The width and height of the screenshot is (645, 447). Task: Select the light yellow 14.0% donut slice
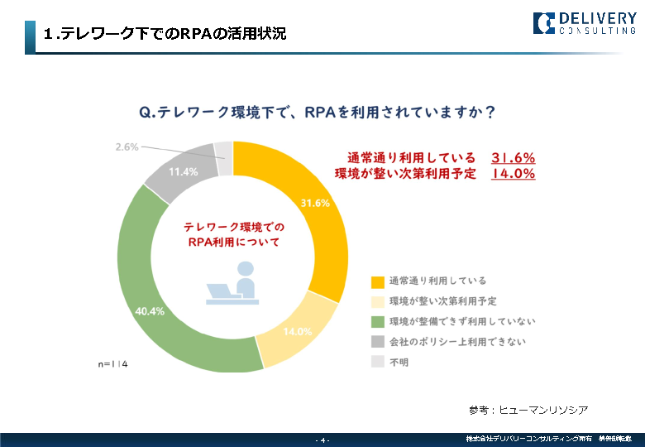point(295,331)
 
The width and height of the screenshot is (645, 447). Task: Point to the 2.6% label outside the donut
point(127,147)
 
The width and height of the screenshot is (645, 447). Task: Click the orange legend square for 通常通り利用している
point(378,281)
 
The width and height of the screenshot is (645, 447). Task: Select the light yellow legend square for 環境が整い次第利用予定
point(378,301)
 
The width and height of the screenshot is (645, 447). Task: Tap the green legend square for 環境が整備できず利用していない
point(378,321)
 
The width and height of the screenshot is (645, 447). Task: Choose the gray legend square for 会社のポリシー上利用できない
point(378,342)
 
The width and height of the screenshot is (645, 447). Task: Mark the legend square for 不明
point(378,362)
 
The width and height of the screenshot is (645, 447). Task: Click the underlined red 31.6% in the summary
point(514,157)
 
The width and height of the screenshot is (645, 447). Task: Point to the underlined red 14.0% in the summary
point(514,174)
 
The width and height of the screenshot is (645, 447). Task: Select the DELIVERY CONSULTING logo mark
point(544,22)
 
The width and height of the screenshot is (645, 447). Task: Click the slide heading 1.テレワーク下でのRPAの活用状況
point(165,35)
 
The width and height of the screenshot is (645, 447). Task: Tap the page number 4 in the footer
point(322,440)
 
